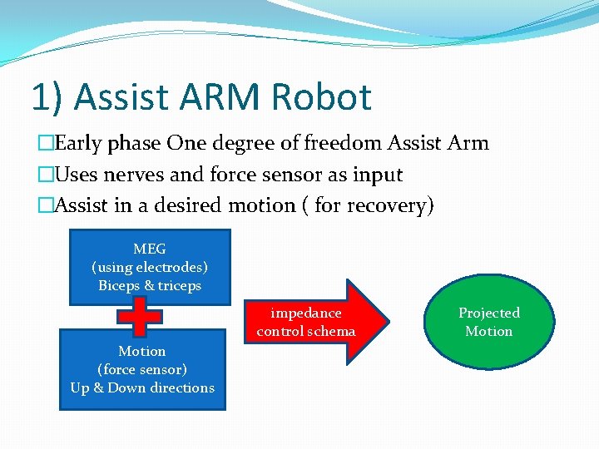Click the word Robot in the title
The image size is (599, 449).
tap(319, 96)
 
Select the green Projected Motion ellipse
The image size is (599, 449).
tap(488, 323)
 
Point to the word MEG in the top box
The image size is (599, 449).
tap(150, 249)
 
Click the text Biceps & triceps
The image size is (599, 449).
tap(150, 285)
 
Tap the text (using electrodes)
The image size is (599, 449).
tap(150, 267)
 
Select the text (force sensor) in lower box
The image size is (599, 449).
tap(142, 369)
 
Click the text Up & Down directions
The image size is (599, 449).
tap(142, 387)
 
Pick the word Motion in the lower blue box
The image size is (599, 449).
tap(142, 351)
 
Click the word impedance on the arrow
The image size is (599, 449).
tap(305, 313)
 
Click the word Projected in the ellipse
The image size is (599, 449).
tap(489, 313)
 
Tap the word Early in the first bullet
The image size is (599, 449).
tap(77, 143)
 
